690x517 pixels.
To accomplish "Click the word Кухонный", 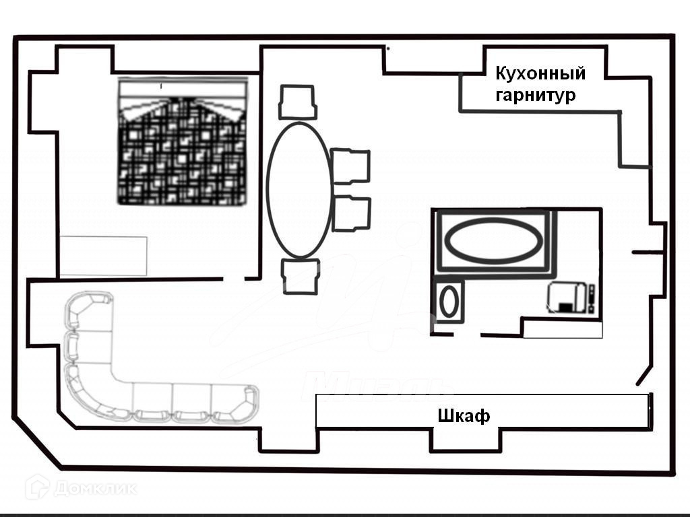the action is tap(540, 73).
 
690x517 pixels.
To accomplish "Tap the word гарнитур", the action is tap(536, 95).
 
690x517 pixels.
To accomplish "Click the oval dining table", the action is tap(299, 190).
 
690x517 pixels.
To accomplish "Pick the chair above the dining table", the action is tap(298, 102).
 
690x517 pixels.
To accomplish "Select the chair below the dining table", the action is tap(300, 276).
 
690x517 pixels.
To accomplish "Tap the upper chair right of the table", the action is tap(351, 166).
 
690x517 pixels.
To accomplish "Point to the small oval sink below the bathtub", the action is tap(448, 302).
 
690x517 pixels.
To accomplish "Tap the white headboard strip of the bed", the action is tap(182, 88).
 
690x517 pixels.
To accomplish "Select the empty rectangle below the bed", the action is tap(103, 256).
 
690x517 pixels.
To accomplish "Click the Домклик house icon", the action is tap(36, 487).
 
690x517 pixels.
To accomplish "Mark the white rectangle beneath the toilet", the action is tap(563, 329).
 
